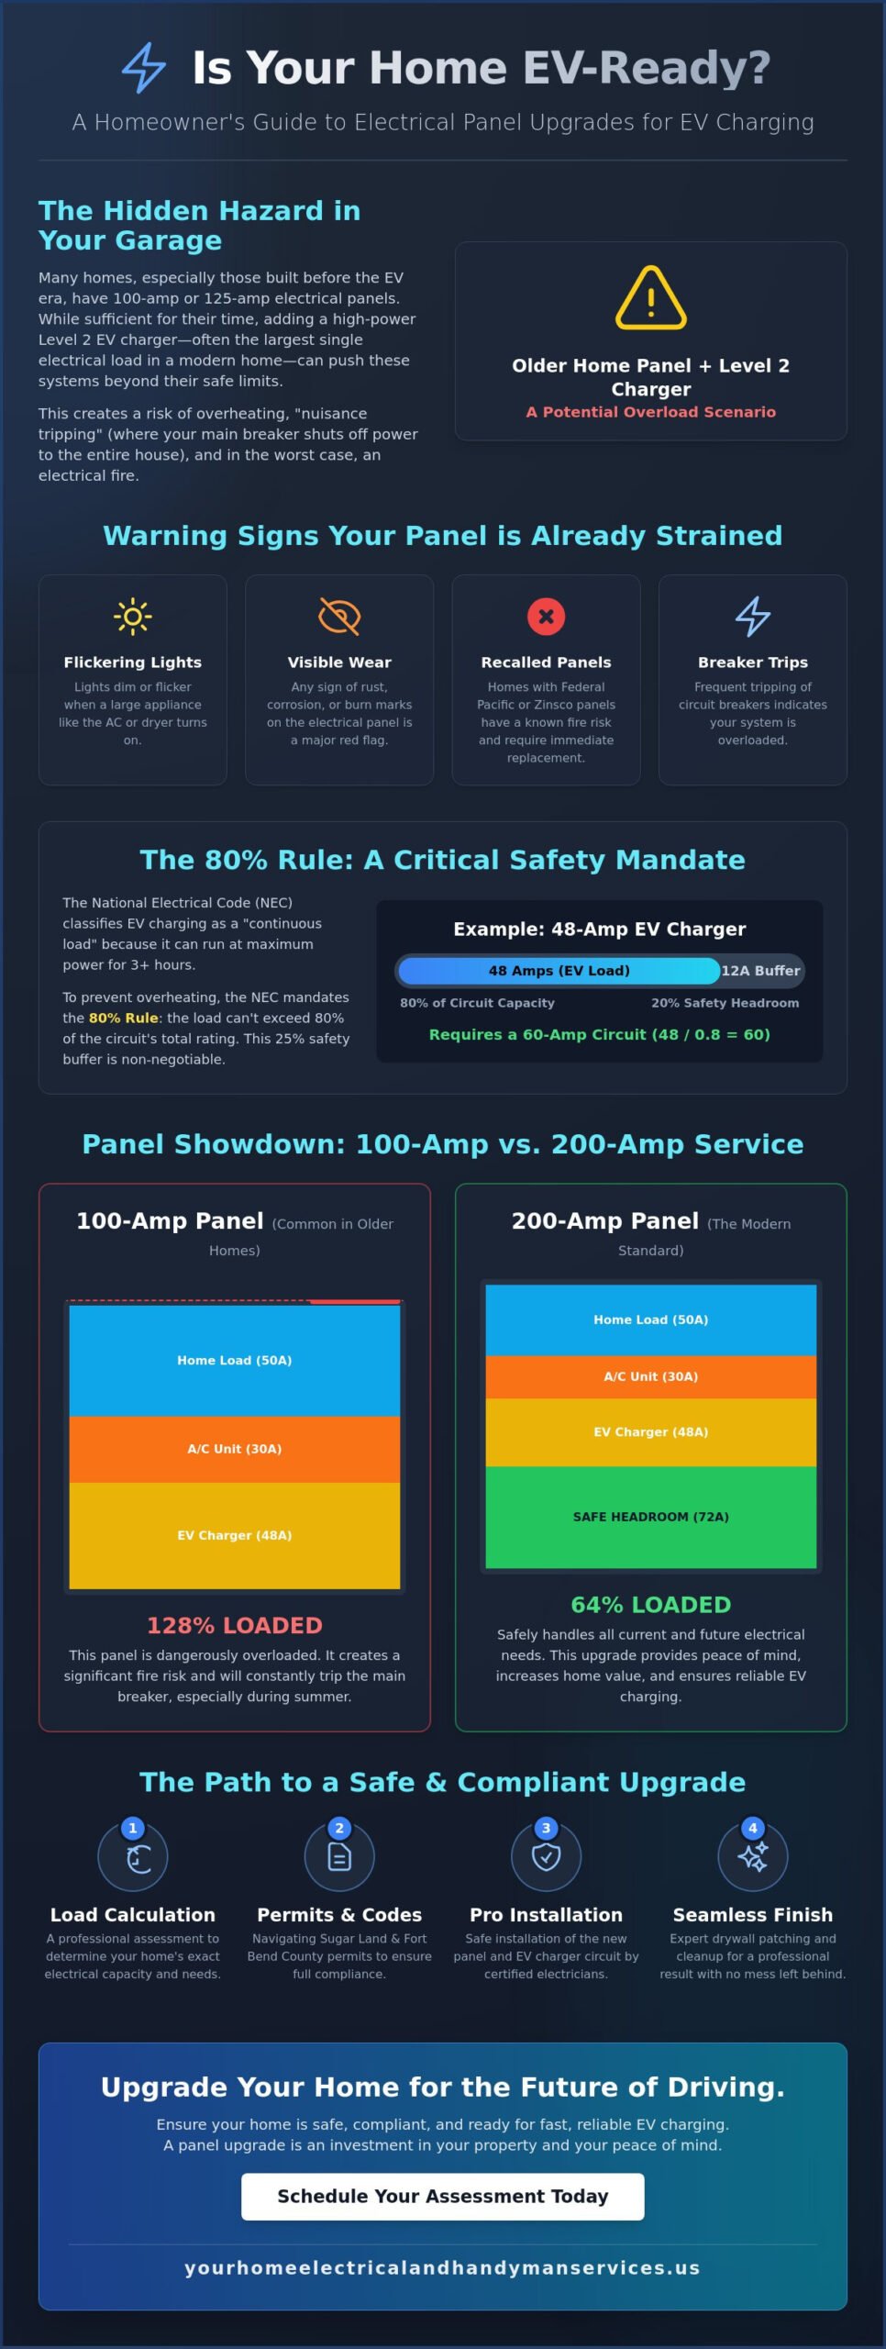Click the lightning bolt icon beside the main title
coord(144,68)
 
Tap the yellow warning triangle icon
coord(651,297)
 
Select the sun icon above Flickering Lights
coord(133,617)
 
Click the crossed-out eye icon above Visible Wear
coord(339,617)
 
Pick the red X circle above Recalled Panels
coord(546,617)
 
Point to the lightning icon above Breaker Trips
coord(753,617)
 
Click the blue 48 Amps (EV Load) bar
coord(559,971)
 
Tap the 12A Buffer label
coord(760,971)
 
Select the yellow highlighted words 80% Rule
coord(124,1018)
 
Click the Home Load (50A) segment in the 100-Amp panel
coord(235,1360)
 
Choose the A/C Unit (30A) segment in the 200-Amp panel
coord(651,1376)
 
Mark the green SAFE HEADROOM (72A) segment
coord(651,1517)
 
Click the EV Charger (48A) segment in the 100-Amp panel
coord(235,1535)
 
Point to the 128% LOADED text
coord(235,1625)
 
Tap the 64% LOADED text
coord(651,1605)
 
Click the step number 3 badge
coord(547,1828)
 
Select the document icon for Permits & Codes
coord(339,1857)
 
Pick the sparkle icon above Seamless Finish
coord(753,1857)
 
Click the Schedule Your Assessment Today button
coord(443,2197)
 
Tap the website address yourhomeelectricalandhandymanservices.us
coord(443,2267)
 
